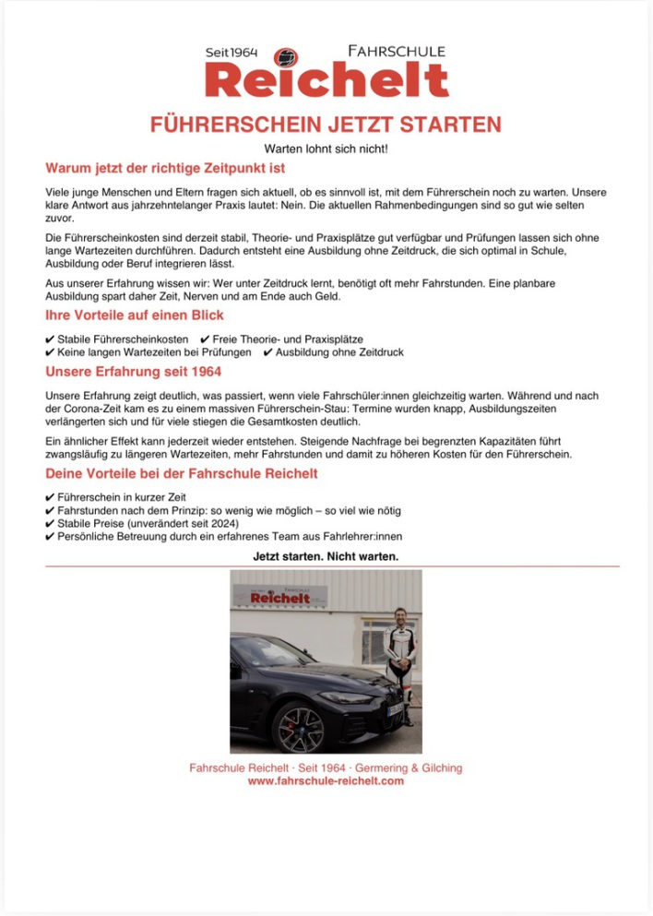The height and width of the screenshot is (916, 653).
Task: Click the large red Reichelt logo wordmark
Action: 326,80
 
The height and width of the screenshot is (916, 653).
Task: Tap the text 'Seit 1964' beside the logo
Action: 231,54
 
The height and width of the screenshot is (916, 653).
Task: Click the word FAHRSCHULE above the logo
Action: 397,52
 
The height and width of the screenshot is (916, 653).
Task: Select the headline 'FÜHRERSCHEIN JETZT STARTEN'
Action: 326,125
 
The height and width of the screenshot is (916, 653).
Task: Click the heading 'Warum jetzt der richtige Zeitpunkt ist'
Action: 165,169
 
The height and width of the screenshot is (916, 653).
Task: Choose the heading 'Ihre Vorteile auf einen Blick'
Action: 135,315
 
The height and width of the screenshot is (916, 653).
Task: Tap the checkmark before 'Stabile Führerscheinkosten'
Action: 50,339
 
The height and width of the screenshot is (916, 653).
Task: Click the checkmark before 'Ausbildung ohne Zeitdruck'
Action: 267,352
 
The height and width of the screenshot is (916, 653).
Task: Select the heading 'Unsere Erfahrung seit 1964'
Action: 133,373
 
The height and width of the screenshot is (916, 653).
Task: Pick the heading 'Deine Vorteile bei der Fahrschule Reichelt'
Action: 182,474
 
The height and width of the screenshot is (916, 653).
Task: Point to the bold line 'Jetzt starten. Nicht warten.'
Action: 326,556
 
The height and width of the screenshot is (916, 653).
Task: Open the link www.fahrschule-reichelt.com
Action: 326,781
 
